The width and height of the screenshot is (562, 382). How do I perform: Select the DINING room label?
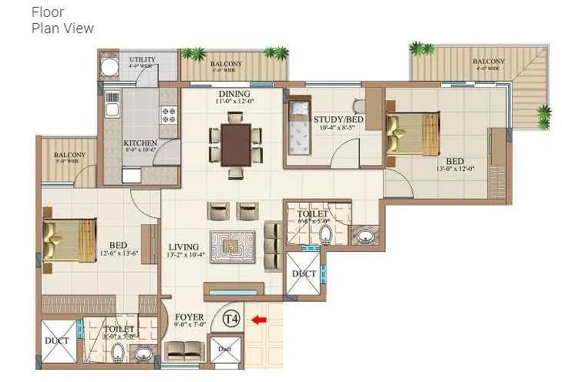click(234, 93)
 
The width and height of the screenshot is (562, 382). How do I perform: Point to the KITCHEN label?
click(140, 143)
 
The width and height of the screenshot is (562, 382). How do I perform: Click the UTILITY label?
click(142, 59)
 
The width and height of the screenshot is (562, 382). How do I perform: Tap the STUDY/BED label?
click(338, 120)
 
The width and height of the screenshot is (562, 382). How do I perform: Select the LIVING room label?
click(184, 247)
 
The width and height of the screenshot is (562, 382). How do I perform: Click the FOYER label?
click(189, 317)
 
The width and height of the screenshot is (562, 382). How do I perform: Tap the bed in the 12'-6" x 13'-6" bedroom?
click(69, 239)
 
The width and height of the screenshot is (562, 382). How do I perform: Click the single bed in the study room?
click(297, 127)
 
